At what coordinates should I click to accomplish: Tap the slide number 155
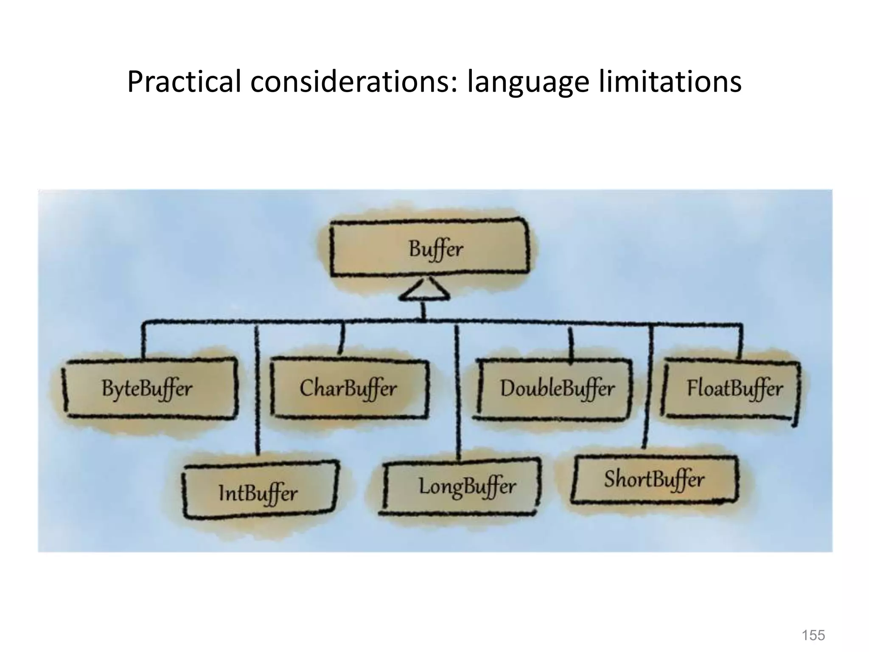[x=813, y=635]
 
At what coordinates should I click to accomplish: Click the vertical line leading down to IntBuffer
[x=256, y=391]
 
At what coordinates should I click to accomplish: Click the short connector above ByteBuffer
[x=143, y=342]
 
